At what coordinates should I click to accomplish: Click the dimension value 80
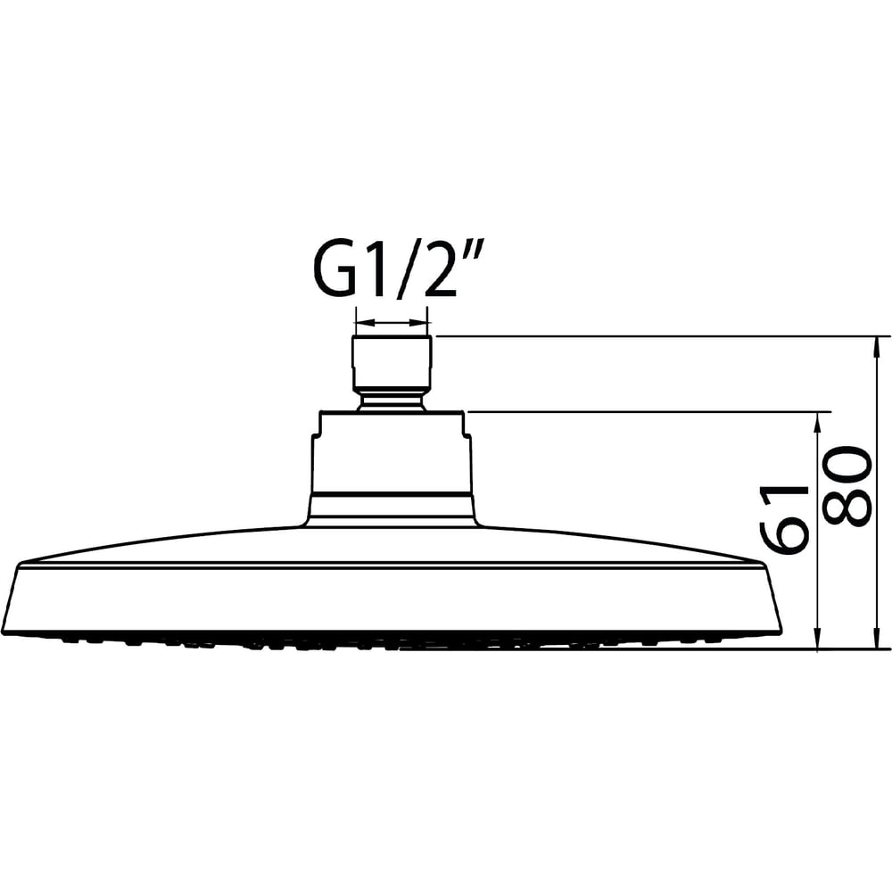coord(847,485)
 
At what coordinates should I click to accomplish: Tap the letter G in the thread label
coord(333,273)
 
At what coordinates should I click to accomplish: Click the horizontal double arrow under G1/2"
coord(391,323)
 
